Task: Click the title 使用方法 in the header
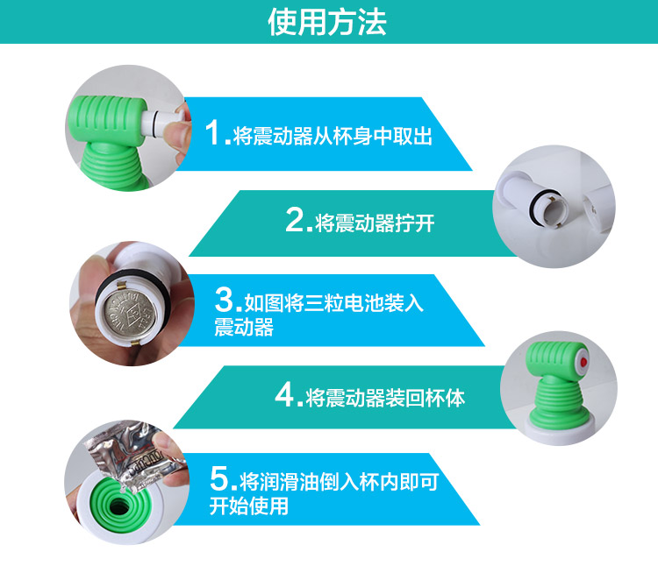pos(327,22)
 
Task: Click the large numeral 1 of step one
pos(212,132)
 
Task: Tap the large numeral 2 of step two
pos(295,220)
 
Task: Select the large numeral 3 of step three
pos(224,299)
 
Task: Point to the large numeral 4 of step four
pos(285,394)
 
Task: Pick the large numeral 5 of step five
pos(218,478)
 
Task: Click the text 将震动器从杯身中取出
pos(333,136)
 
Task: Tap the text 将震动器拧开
pos(375,223)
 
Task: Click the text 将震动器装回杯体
pos(385,398)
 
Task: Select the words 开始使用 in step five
pos(249,506)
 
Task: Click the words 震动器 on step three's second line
pos(244,327)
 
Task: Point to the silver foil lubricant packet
pos(134,456)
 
